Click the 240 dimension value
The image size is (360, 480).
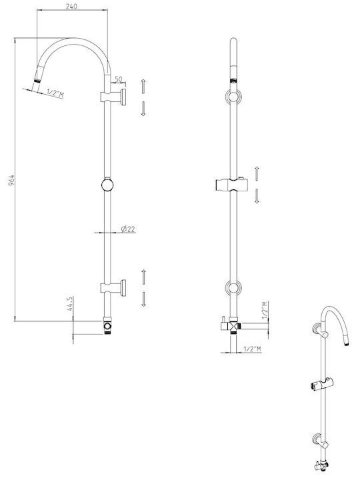click(x=71, y=6)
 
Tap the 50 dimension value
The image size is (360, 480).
click(x=118, y=79)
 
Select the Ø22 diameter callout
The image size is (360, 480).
click(x=128, y=229)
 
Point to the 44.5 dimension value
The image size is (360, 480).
click(x=69, y=304)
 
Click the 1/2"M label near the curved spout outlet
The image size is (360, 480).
click(x=55, y=93)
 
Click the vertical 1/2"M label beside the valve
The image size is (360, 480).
click(x=265, y=311)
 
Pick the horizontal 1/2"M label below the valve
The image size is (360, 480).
click(x=252, y=349)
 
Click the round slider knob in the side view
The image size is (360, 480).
click(x=107, y=184)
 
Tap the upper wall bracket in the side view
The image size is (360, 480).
click(x=113, y=97)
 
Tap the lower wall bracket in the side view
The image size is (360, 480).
click(x=113, y=288)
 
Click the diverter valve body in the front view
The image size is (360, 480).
click(x=233, y=326)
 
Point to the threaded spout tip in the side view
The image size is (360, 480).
click(x=37, y=81)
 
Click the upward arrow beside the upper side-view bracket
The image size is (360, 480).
click(x=143, y=87)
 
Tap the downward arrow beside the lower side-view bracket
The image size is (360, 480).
click(x=143, y=299)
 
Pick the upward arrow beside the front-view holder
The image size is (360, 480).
click(x=257, y=173)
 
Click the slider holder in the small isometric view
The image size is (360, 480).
click(x=322, y=384)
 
